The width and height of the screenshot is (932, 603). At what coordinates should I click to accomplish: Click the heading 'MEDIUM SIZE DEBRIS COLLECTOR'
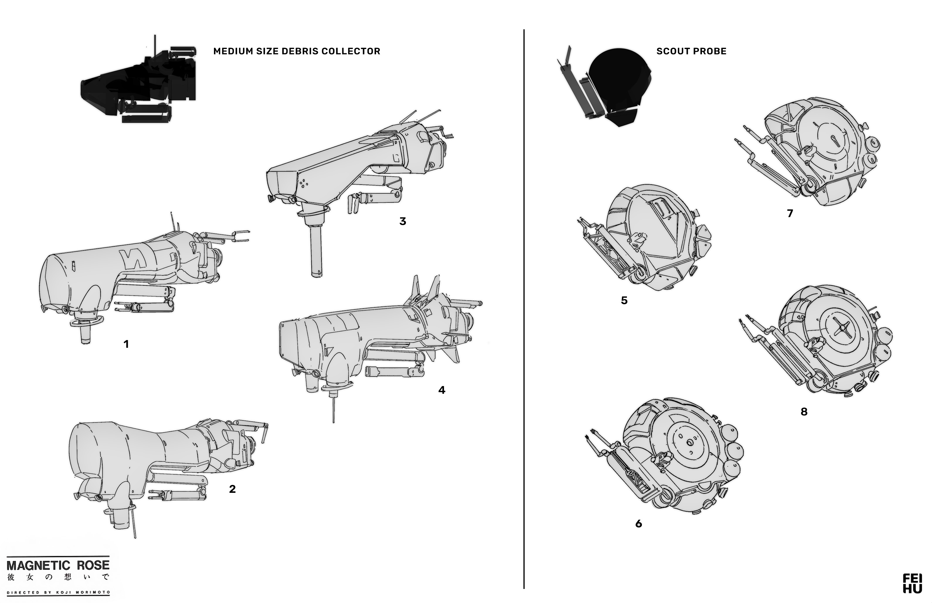[x=296, y=51]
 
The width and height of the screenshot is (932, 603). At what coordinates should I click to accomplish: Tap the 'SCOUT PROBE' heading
[x=691, y=51]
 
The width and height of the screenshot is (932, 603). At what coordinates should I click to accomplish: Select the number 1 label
[x=126, y=344]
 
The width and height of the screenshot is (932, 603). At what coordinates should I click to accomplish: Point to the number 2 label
[x=232, y=489]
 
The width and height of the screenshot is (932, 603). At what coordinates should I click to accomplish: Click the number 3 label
[x=403, y=222]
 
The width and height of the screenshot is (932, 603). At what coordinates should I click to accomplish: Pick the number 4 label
[x=442, y=390]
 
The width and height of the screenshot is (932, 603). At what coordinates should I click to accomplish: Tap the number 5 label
[x=624, y=301]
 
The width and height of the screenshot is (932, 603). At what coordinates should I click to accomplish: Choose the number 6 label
[x=639, y=524]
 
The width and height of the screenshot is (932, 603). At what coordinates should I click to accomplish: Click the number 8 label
[x=804, y=412]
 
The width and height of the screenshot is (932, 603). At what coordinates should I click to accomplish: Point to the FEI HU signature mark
[x=912, y=583]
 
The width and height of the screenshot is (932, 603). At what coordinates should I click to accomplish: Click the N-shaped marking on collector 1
[x=131, y=258]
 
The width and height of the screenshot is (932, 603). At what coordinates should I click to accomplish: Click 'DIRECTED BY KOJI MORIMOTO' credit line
[x=58, y=592]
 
